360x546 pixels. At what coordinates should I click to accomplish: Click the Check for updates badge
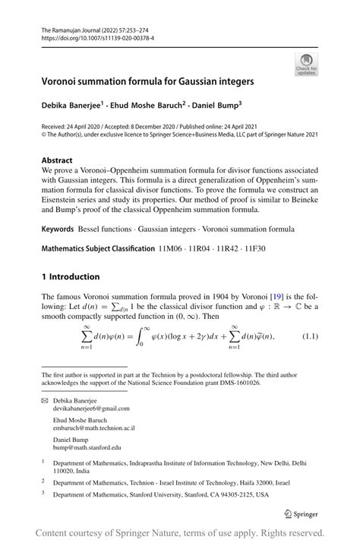click(306, 64)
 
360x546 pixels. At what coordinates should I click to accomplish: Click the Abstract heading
click(60, 161)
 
